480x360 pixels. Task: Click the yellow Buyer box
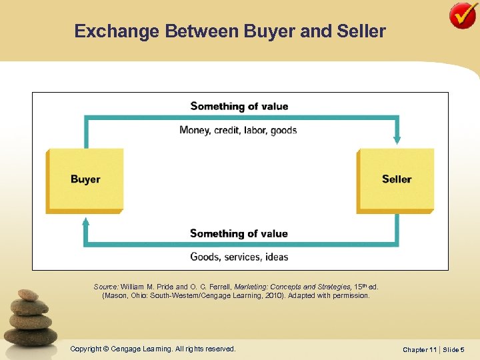coord(85,179)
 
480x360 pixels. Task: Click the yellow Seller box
coord(396,179)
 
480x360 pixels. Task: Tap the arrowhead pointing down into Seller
coord(397,139)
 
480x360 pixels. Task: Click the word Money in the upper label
coord(195,130)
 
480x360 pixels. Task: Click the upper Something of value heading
coord(239,106)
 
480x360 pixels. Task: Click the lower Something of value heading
coord(239,233)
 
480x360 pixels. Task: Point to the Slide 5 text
coord(453,349)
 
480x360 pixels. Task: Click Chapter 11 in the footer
coord(420,349)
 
